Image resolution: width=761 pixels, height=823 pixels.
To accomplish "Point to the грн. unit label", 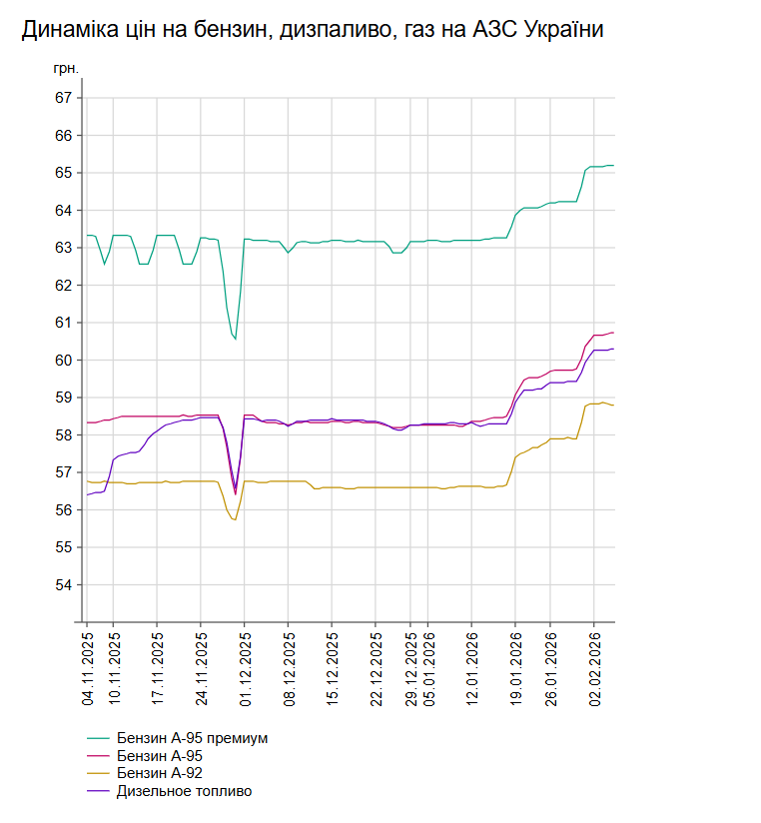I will pyautogui.click(x=66, y=68).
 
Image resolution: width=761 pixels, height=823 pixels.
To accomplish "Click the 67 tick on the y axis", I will pyautogui.click(x=64, y=98).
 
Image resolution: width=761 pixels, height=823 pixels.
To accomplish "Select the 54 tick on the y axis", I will pyautogui.click(x=64, y=584).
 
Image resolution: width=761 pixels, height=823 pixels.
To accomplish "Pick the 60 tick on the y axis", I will pyautogui.click(x=64, y=360).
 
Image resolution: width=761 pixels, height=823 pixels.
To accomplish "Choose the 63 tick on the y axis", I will pyautogui.click(x=64, y=248).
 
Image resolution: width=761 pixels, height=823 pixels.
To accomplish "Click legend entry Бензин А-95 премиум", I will pyautogui.click(x=192, y=738).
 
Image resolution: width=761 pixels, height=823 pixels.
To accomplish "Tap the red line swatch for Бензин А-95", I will pyautogui.click(x=98, y=756).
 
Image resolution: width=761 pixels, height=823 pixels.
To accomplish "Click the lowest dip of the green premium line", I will pyautogui.click(x=235, y=340).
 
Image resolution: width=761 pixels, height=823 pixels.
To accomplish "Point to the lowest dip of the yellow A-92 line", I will pyautogui.click(x=235, y=519).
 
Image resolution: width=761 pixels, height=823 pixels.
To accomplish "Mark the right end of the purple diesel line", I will pyautogui.click(x=613, y=349).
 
